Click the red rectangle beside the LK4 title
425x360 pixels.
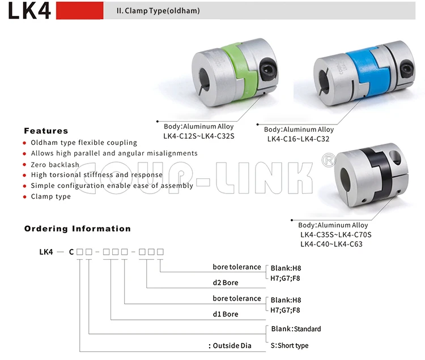[79, 10]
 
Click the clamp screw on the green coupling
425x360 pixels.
[266, 70]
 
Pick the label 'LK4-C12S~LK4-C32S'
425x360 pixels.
[199, 136]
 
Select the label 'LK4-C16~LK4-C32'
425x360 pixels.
[298, 139]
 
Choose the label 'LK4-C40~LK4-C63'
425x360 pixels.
[331, 244]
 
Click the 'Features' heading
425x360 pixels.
[46, 131]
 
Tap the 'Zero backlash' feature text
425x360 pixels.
[55, 164]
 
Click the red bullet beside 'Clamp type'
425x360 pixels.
[24, 197]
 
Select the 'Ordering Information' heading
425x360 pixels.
[77, 229]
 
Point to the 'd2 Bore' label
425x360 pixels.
[226, 282]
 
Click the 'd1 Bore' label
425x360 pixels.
[226, 314]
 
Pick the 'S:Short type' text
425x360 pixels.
[290, 345]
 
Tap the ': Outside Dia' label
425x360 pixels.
[229, 345]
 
